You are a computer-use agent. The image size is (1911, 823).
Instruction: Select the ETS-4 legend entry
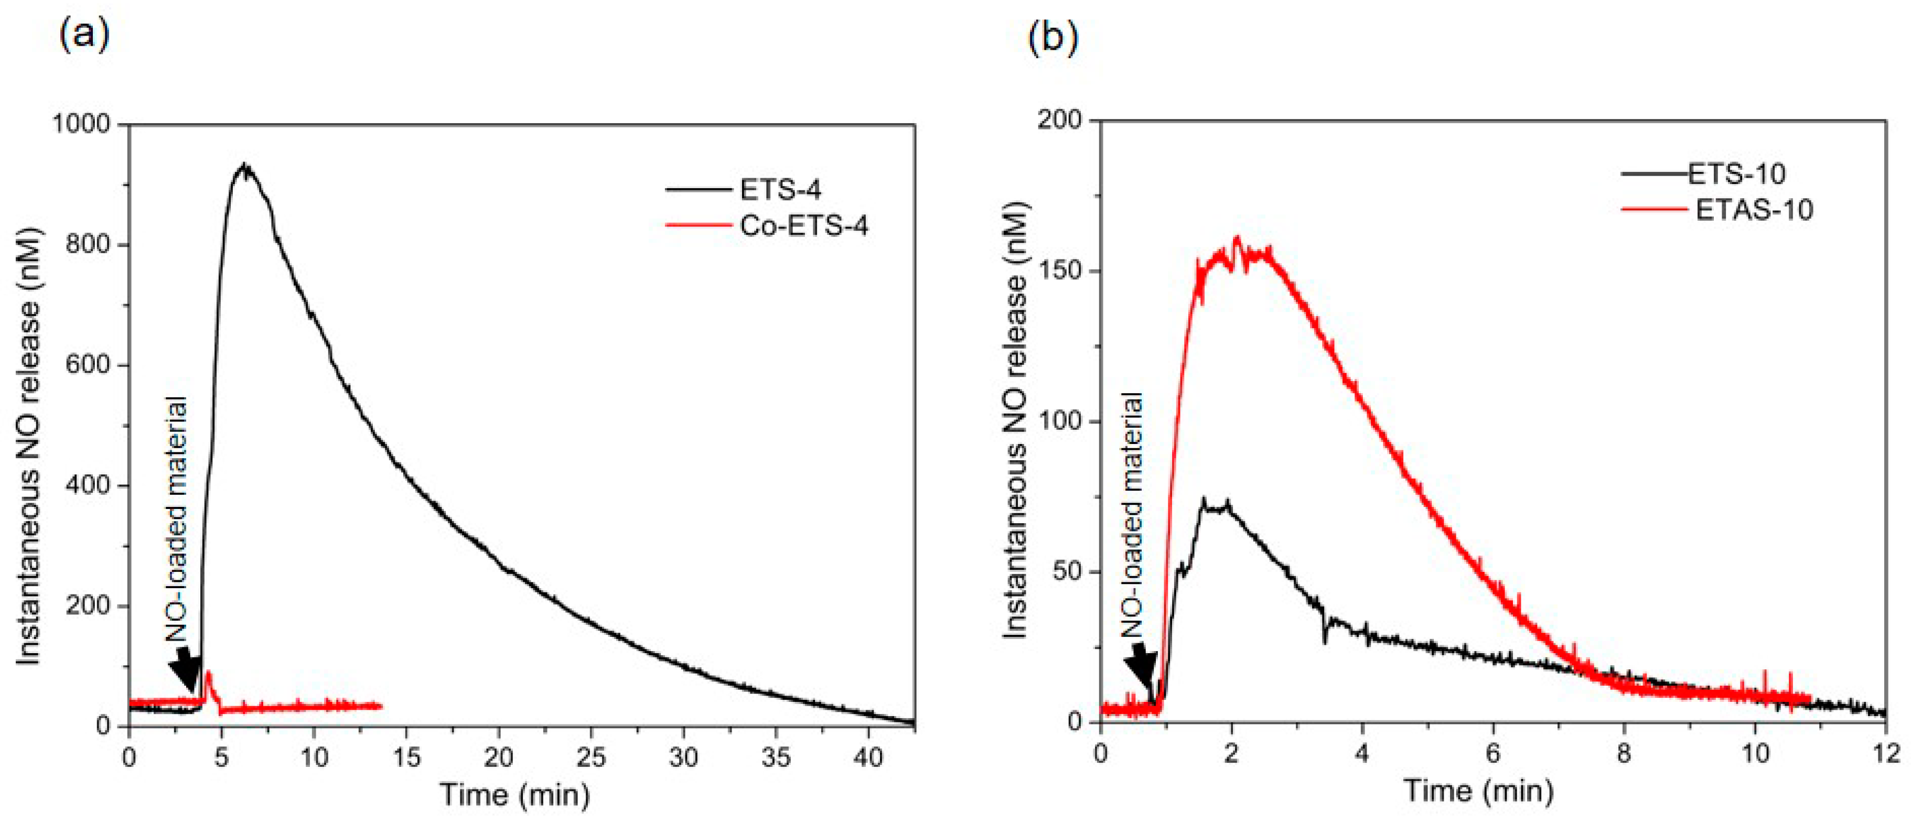click(780, 190)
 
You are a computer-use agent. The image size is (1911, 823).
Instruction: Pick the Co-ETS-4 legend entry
click(803, 225)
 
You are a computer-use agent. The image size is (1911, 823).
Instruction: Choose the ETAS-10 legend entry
click(1755, 209)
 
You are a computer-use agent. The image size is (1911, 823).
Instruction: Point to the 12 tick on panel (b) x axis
click(1885, 754)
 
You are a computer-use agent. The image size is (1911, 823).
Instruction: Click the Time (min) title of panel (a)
click(516, 795)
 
